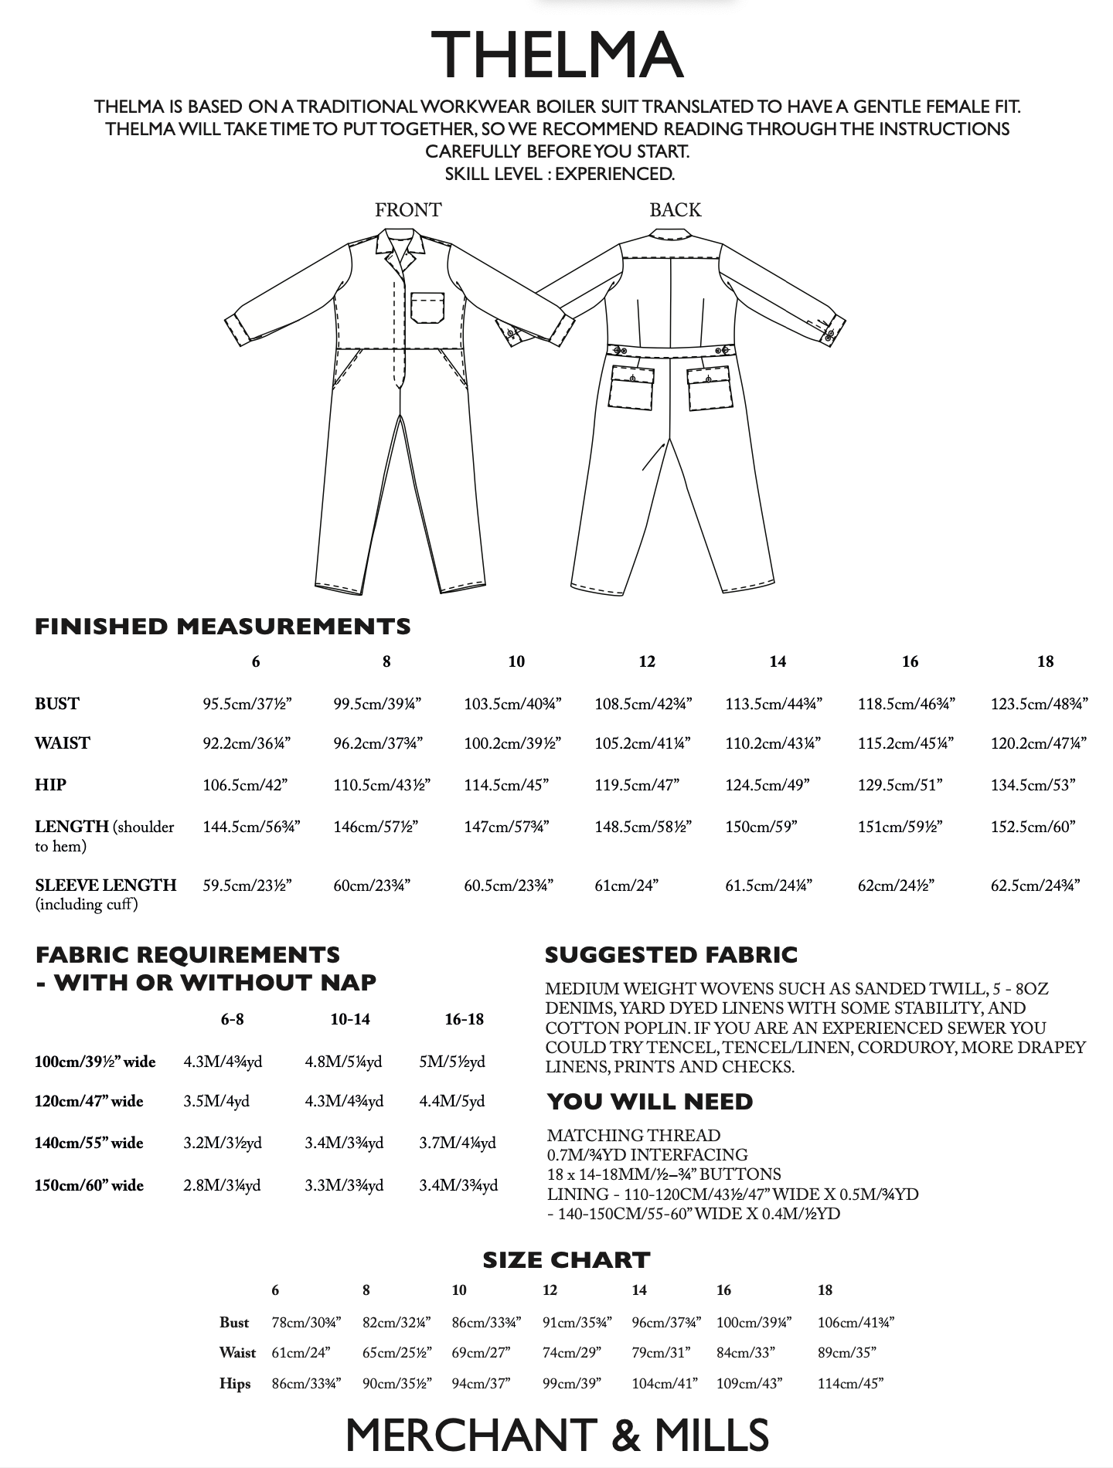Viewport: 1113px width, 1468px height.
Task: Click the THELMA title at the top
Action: [x=556, y=56]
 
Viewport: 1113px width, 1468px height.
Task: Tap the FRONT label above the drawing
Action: [x=408, y=210]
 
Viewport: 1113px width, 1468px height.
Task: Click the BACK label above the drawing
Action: [x=675, y=210]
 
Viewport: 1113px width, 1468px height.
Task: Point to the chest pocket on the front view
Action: [x=427, y=307]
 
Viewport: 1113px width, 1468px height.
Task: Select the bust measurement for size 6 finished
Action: [x=247, y=704]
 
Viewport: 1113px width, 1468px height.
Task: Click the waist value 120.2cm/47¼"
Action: [x=1039, y=743]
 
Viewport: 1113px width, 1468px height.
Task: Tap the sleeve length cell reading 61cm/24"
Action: [x=626, y=885]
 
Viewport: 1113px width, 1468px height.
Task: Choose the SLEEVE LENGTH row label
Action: [x=105, y=885]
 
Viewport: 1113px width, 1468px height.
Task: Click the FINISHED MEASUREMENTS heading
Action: [x=223, y=627]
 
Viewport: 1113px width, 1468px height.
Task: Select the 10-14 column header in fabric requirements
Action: [x=350, y=1020]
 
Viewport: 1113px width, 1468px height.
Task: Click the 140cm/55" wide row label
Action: [x=89, y=1143]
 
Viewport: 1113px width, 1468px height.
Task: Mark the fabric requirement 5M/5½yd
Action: [x=452, y=1062]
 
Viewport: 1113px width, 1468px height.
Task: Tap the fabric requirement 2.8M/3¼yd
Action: [x=222, y=1185]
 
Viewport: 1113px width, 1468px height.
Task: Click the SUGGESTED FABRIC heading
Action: [x=671, y=955]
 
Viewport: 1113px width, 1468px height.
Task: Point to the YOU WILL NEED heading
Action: [x=650, y=1102]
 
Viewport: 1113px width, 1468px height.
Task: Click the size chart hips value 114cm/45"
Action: [x=850, y=1384]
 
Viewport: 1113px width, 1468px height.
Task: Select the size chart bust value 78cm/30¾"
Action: [x=306, y=1323]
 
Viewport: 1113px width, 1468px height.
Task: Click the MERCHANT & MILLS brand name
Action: [x=556, y=1435]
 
